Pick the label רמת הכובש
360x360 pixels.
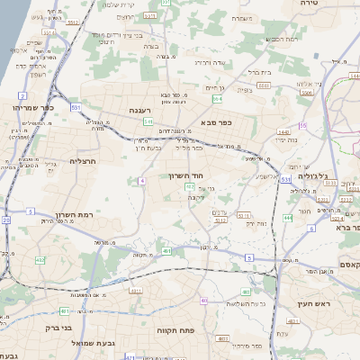coord(281,39)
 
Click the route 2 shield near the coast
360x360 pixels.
coord(21,94)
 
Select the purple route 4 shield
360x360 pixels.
coord(141,181)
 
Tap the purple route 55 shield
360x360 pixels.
coord(302,125)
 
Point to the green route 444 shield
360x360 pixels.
coord(288,217)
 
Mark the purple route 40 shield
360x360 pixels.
coord(204,301)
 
